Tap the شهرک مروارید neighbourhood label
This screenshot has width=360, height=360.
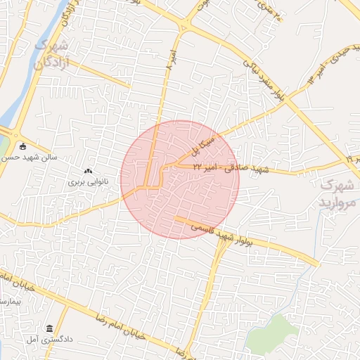[336, 193]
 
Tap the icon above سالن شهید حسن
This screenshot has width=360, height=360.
[22, 147]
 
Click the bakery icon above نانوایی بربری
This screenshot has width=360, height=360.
[88, 171]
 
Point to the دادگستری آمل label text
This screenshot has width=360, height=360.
[70, 339]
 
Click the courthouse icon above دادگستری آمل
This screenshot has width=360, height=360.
[49, 328]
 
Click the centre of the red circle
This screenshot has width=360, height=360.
[179, 179]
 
